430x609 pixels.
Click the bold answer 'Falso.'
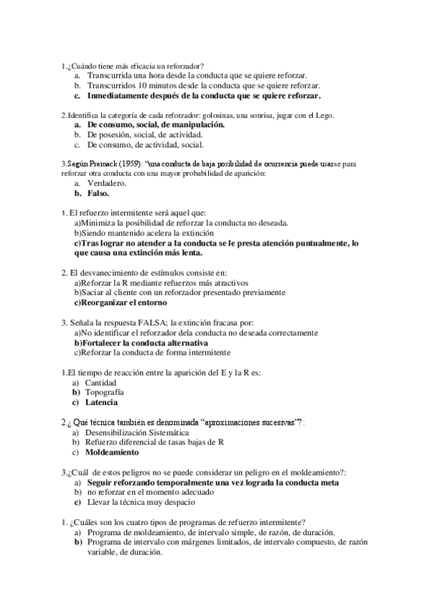98,193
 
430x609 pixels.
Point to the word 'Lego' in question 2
324,115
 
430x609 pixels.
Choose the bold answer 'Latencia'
102,403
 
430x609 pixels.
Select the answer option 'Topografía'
105,393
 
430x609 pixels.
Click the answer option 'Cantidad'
101,383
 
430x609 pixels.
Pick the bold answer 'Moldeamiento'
112,452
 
